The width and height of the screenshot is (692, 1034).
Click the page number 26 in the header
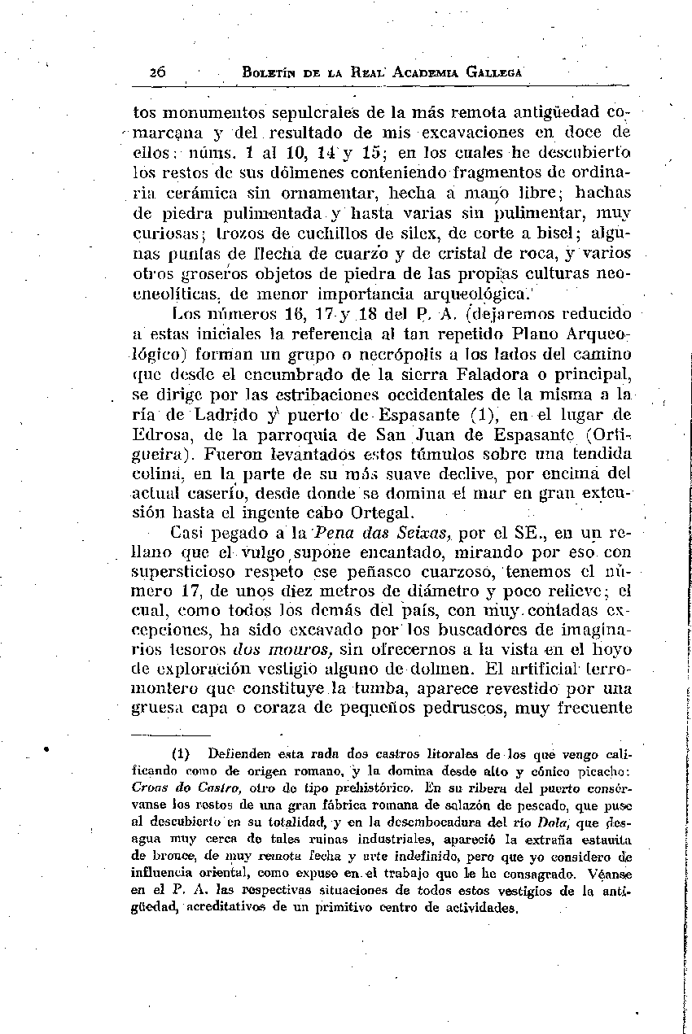158,72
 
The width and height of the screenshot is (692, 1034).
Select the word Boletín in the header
274,72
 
